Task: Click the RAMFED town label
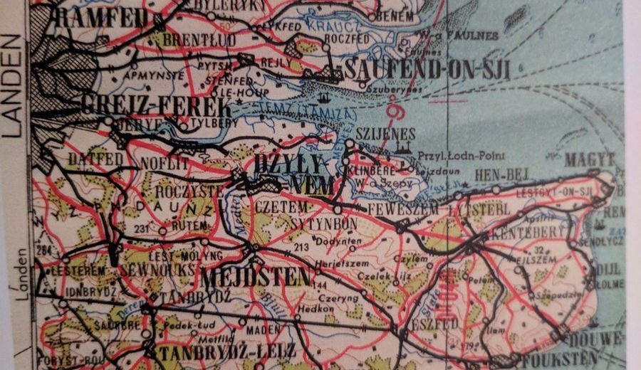coord(100,18)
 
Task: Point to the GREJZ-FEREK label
coord(156,106)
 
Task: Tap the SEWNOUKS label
coord(147,270)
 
